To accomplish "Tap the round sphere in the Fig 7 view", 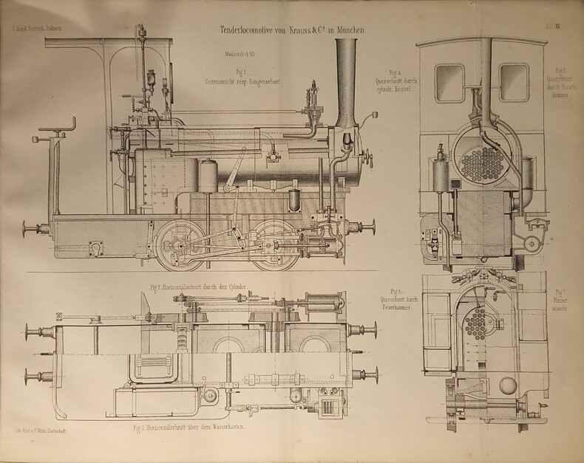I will pyautogui.click(x=508, y=385).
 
